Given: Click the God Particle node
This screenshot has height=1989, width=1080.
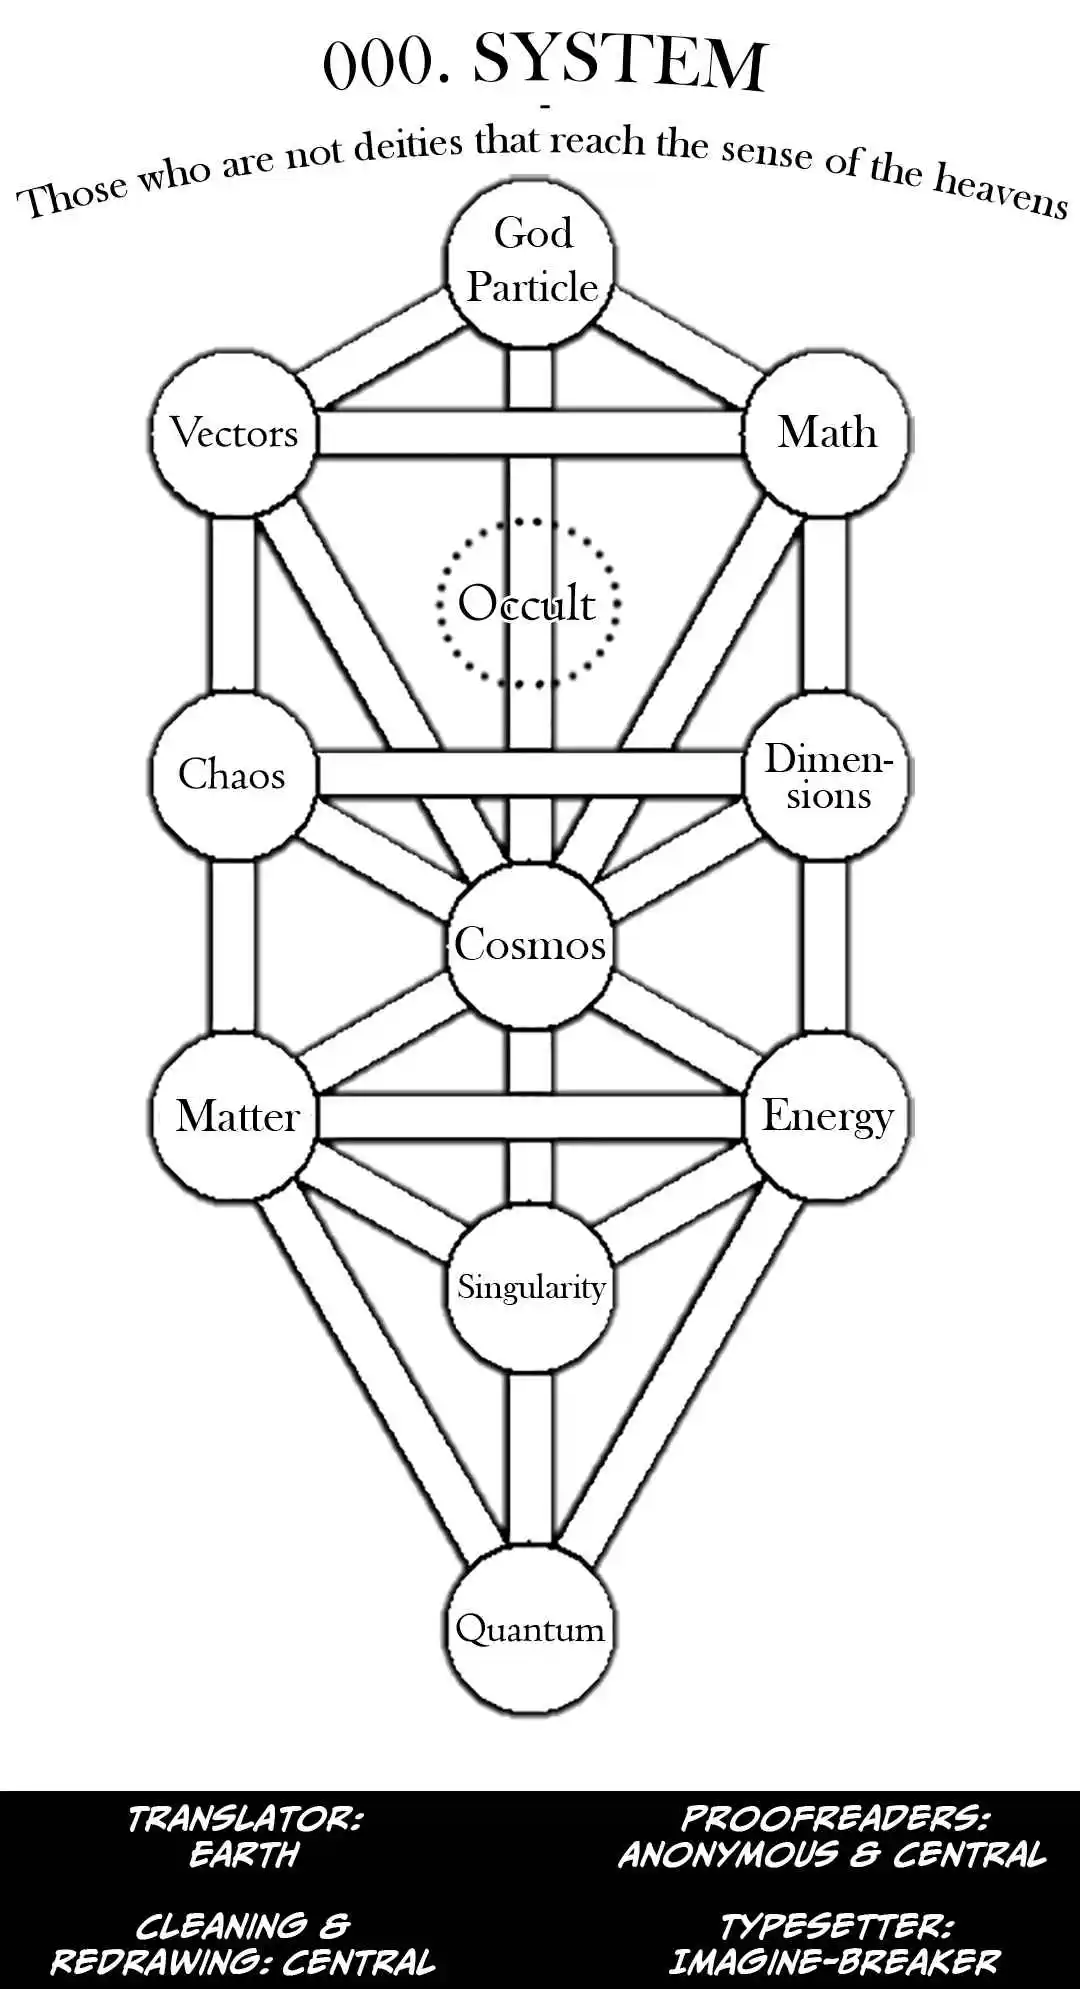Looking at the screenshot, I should (x=530, y=262).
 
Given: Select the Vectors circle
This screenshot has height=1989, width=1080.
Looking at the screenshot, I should (x=234, y=433).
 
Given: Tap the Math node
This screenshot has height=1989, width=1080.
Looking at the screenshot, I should (x=827, y=433).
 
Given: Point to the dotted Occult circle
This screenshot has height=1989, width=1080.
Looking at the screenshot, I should (x=528, y=603).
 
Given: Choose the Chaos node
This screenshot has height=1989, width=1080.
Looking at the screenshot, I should (x=232, y=775).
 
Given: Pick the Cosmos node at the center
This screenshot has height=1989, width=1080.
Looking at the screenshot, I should (x=530, y=945).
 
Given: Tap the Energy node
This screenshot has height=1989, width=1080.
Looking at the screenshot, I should (x=827, y=1116).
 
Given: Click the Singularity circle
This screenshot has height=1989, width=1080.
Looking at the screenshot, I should (x=530, y=1287).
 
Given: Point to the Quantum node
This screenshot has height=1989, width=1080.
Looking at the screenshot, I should (x=530, y=1629).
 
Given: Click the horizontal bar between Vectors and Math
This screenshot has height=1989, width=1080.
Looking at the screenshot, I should (x=530, y=433).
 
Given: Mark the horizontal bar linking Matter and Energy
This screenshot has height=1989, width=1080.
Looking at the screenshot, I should (x=530, y=1116).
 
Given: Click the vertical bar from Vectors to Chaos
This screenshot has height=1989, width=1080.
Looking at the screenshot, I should (x=232, y=604).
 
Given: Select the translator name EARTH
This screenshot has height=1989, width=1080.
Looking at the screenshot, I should (x=244, y=1856).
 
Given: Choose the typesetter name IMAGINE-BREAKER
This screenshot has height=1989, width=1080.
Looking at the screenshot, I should (x=833, y=1962).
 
